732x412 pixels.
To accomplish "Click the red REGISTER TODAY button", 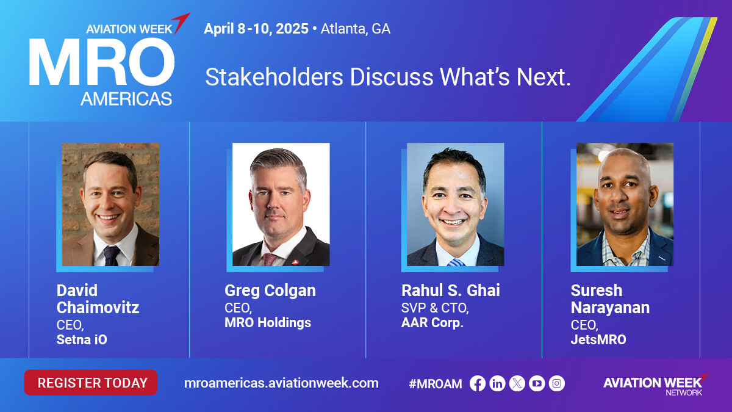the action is pos(91,383).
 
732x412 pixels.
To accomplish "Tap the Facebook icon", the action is pos(478,383).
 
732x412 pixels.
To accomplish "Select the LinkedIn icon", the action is pos(497,383).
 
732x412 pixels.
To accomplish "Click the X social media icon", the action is pos(517,383).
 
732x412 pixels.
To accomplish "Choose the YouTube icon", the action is pos(537,383).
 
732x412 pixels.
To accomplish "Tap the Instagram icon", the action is pos(557,383).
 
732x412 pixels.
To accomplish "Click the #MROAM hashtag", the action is pos(436,383).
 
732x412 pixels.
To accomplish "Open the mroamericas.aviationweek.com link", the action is pos(281,383).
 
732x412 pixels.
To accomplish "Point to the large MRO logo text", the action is pos(102,62).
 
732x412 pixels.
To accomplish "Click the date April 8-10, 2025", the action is pos(256,29).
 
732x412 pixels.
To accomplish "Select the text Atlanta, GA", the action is pos(356,29).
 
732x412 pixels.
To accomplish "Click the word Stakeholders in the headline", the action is pos(274,77).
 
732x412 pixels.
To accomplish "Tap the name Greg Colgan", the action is pos(270,291).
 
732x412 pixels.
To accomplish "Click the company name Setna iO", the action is pos(82,339).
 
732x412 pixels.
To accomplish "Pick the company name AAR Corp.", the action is pos(432,322).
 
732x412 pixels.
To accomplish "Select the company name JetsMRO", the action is pos(598,339).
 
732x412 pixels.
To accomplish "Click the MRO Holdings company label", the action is pos(268,322).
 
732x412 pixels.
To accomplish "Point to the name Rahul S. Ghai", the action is pos(451,291).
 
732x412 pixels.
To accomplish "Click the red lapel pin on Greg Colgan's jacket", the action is pos(295,262).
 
